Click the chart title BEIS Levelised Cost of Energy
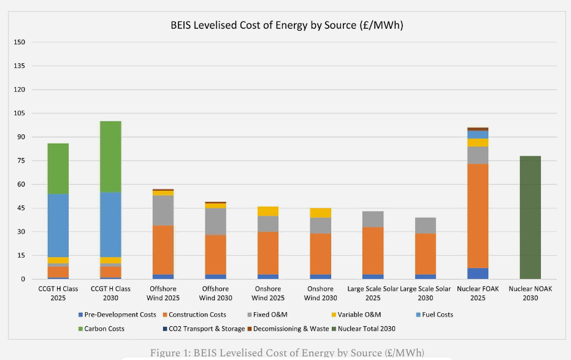[x=286, y=26]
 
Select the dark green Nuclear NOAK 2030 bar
[x=530, y=218]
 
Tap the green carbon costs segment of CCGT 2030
[x=110, y=157]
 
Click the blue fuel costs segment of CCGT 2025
[x=58, y=225]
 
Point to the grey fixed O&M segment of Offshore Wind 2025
[x=163, y=210]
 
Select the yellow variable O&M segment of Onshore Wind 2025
[x=268, y=212]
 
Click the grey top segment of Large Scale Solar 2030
[x=425, y=226]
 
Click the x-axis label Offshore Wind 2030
[x=215, y=293]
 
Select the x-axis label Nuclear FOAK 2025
[x=478, y=293]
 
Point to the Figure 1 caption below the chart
[x=287, y=352]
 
